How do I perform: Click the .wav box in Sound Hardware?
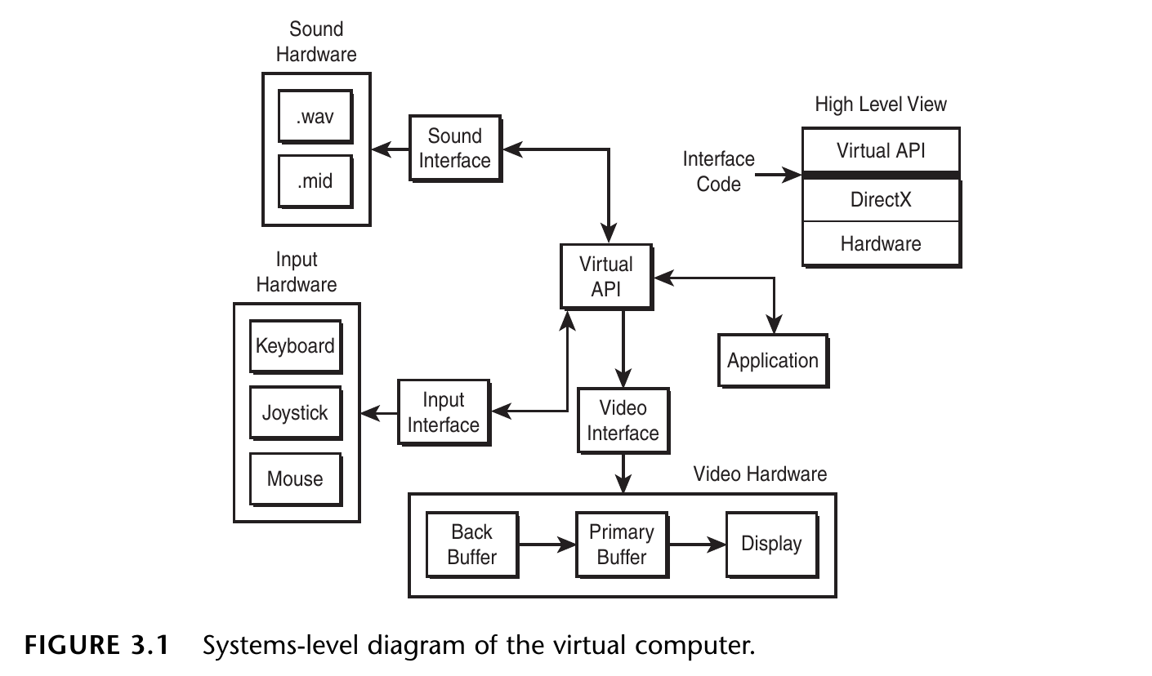tap(315, 117)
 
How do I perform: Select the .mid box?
tap(315, 180)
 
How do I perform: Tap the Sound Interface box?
tap(454, 149)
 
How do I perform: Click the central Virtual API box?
tap(605, 276)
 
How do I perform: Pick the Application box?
tap(772, 360)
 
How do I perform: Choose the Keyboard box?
tap(295, 346)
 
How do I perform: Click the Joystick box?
tap(295, 412)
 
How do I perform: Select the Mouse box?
tap(295, 478)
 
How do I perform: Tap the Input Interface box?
tap(444, 412)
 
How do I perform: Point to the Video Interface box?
tap(623, 420)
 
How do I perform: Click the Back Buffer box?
tap(472, 545)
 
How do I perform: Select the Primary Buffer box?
tap(622, 545)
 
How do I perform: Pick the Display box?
tap(771, 544)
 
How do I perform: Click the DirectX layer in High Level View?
tap(881, 200)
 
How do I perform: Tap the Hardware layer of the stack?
tap(881, 243)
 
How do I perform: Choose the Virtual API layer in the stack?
tap(881, 150)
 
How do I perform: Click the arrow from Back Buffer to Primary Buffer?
tap(547, 543)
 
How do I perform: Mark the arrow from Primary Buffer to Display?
tap(697, 543)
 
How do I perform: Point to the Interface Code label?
tap(719, 171)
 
